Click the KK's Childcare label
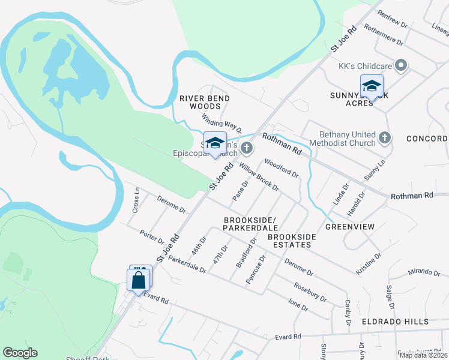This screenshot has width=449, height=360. click(364, 65)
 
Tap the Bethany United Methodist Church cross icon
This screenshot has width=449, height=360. click(385, 139)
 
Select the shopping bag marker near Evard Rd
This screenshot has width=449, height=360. click(139, 280)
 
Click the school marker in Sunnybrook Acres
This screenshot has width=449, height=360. click(372, 86)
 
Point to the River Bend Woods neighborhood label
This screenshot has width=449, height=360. click(205, 102)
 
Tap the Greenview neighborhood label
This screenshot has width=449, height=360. click(350, 227)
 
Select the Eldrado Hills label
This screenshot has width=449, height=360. click(394, 322)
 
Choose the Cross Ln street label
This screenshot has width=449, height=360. click(136, 200)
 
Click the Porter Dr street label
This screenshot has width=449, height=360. click(151, 236)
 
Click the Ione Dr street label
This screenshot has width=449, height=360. click(298, 305)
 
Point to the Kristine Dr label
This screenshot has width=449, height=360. click(369, 264)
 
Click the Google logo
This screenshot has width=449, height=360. click(20, 352)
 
